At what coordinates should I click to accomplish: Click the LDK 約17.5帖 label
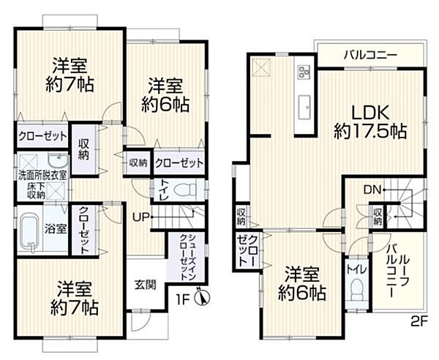pyautogui.click(x=370, y=122)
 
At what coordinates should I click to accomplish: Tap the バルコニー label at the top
pyautogui.click(x=371, y=54)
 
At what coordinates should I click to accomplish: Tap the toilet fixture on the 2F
pyautogui.click(x=356, y=292)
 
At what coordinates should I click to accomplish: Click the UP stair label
pyautogui.click(x=141, y=216)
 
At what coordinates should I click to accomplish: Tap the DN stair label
pyautogui.click(x=372, y=190)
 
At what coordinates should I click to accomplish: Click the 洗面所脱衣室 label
pyautogui.click(x=42, y=175)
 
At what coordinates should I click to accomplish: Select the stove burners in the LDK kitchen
pyautogui.click(x=304, y=72)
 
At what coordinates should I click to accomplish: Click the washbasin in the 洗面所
pyautogui.click(x=56, y=161)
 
